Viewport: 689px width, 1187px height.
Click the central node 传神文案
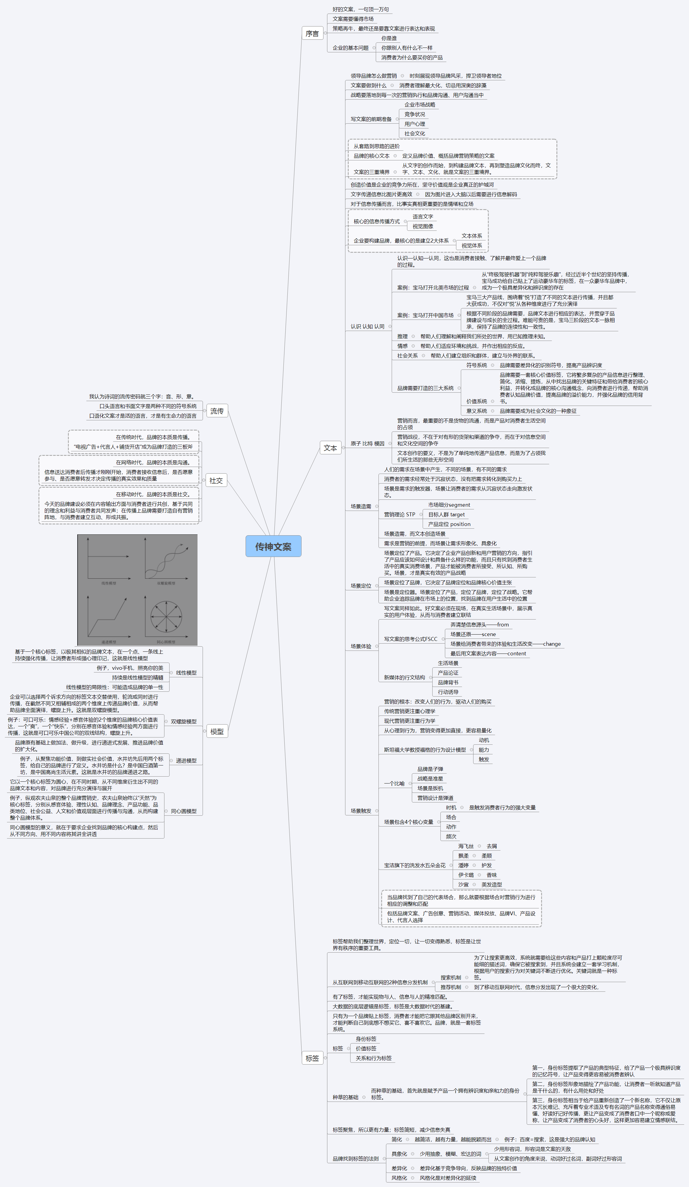(273, 546)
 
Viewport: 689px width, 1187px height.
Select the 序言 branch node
(312, 33)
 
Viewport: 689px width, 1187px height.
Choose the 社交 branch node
(216, 481)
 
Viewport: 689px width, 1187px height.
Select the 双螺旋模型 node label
(184, 722)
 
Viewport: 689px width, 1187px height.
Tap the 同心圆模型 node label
(184, 811)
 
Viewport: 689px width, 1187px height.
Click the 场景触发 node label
(361, 811)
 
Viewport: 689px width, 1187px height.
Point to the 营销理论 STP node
(400, 515)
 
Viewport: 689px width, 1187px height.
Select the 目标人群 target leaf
(446, 515)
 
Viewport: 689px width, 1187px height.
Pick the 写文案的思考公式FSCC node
(410, 639)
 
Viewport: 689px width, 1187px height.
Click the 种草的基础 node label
(345, 1097)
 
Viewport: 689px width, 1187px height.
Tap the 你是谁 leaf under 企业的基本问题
(389, 38)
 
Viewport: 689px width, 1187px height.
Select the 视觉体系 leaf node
(472, 246)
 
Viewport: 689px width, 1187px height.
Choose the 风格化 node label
(399, 1178)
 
